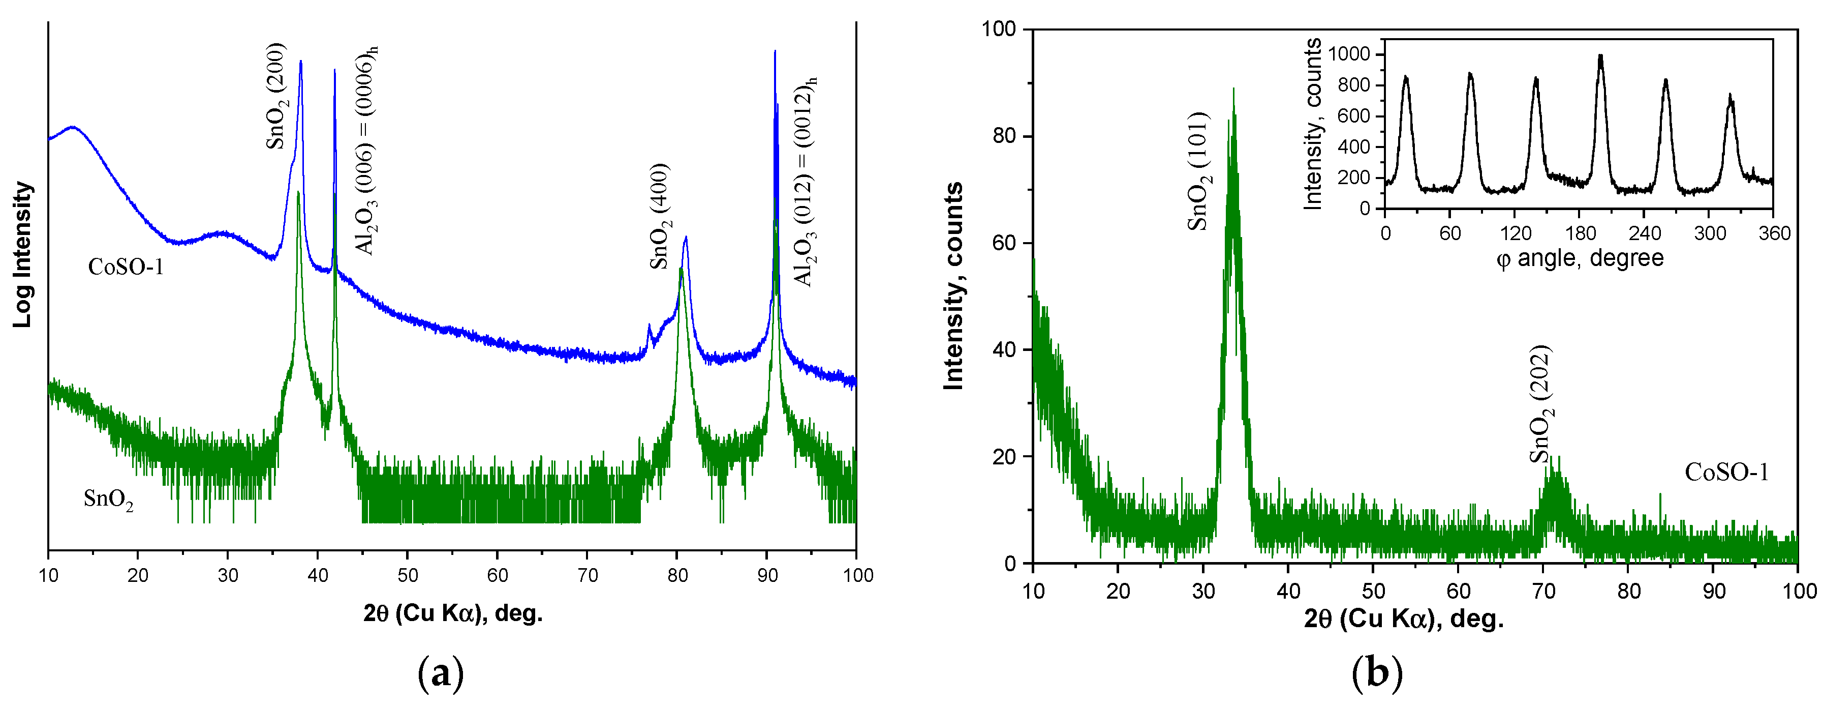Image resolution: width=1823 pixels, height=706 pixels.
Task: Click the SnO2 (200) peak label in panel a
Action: (x=276, y=96)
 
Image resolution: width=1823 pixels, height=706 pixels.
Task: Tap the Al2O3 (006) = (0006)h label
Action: (x=366, y=150)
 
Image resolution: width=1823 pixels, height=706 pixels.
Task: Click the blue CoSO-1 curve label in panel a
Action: (x=126, y=267)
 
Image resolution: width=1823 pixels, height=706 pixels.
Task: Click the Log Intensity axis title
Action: (x=23, y=255)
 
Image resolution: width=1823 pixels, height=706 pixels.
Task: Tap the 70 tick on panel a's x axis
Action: (x=588, y=575)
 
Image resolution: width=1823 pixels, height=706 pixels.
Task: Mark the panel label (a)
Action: (x=441, y=673)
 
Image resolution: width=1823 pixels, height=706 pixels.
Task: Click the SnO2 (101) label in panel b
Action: (x=1199, y=171)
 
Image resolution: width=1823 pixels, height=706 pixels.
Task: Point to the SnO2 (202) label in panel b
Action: (x=1540, y=404)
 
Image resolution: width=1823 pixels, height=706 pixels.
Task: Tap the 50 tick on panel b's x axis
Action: (x=1373, y=591)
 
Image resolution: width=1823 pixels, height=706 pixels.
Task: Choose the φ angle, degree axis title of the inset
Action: (x=1580, y=258)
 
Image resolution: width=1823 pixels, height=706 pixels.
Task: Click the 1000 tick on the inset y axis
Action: (x=1349, y=54)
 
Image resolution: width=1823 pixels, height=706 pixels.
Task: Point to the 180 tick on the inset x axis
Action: (x=1580, y=233)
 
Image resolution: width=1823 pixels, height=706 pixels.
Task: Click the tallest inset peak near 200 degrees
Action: (x=1601, y=56)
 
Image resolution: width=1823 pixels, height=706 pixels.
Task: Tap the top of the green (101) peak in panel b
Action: (x=1233, y=91)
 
